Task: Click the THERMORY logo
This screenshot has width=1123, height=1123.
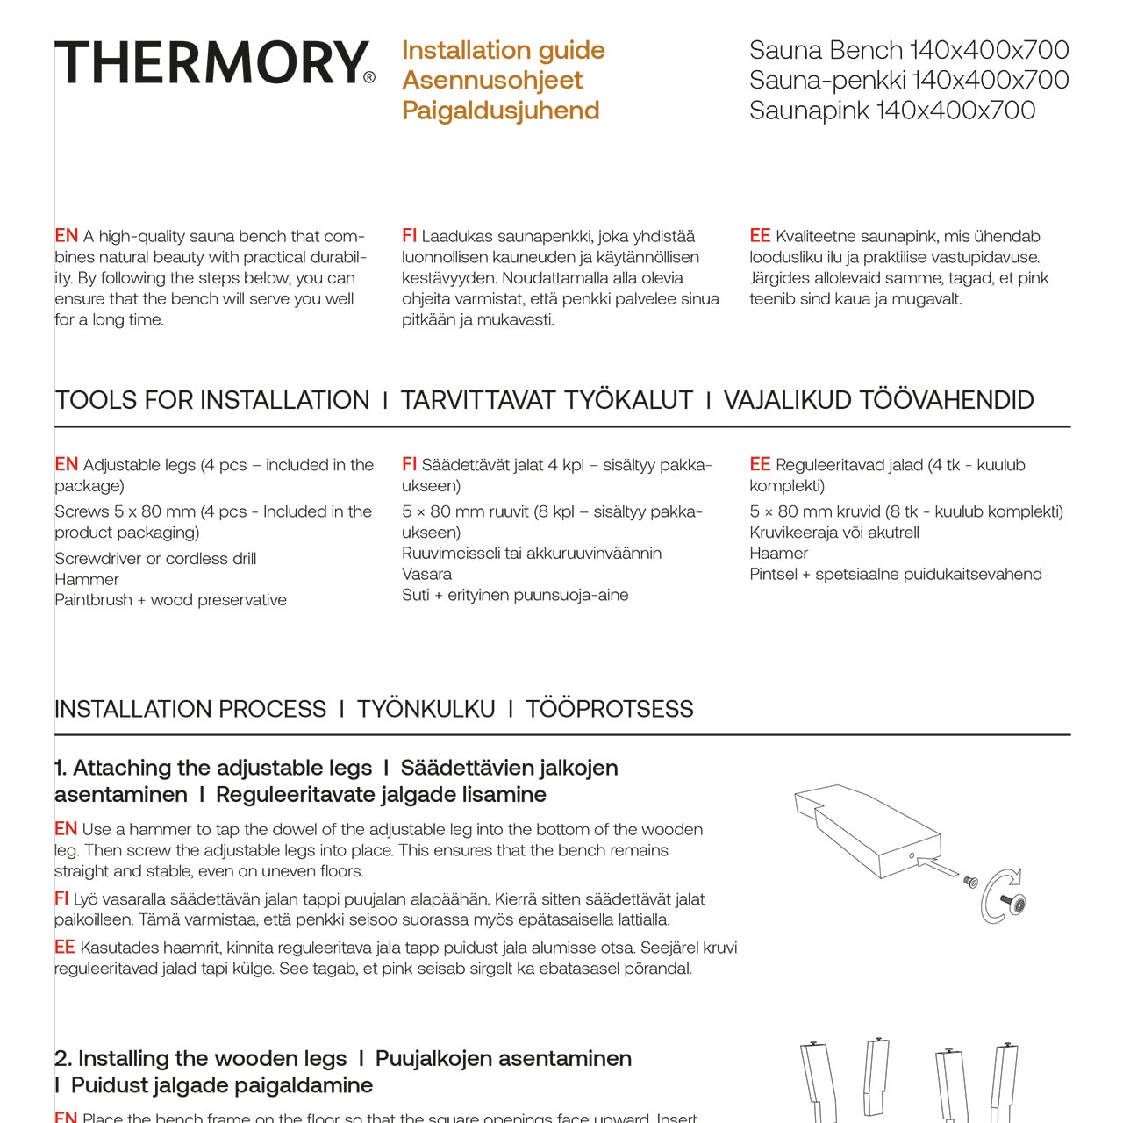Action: click(x=211, y=62)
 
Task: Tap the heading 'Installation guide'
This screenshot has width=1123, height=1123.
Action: click(x=503, y=50)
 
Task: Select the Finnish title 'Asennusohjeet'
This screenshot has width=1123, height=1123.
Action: click(x=492, y=80)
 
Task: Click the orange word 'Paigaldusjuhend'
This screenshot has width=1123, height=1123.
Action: click(x=500, y=111)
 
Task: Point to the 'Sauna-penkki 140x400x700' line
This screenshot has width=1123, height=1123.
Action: click(x=908, y=80)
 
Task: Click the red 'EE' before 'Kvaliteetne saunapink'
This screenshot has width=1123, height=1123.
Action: click(x=760, y=236)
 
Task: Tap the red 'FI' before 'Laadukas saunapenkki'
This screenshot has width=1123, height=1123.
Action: click(x=409, y=236)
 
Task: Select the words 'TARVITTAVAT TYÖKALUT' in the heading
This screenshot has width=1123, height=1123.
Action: click(x=547, y=400)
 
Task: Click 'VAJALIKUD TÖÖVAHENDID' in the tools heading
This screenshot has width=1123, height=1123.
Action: click(x=878, y=400)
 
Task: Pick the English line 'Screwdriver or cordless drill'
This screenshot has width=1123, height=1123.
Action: click(x=155, y=559)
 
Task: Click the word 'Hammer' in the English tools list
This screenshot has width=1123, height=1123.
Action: click(x=87, y=580)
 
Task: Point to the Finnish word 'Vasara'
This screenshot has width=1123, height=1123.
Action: click(x=426, y=575)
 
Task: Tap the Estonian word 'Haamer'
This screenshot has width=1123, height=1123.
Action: click(x=778, y=554)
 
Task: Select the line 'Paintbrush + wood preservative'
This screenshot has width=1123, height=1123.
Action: click(x=170, y=600)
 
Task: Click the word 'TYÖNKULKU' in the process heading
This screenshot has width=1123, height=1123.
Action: click(x=426, y=709)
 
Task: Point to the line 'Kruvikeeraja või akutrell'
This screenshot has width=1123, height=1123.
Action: click(x=833, y=533)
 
